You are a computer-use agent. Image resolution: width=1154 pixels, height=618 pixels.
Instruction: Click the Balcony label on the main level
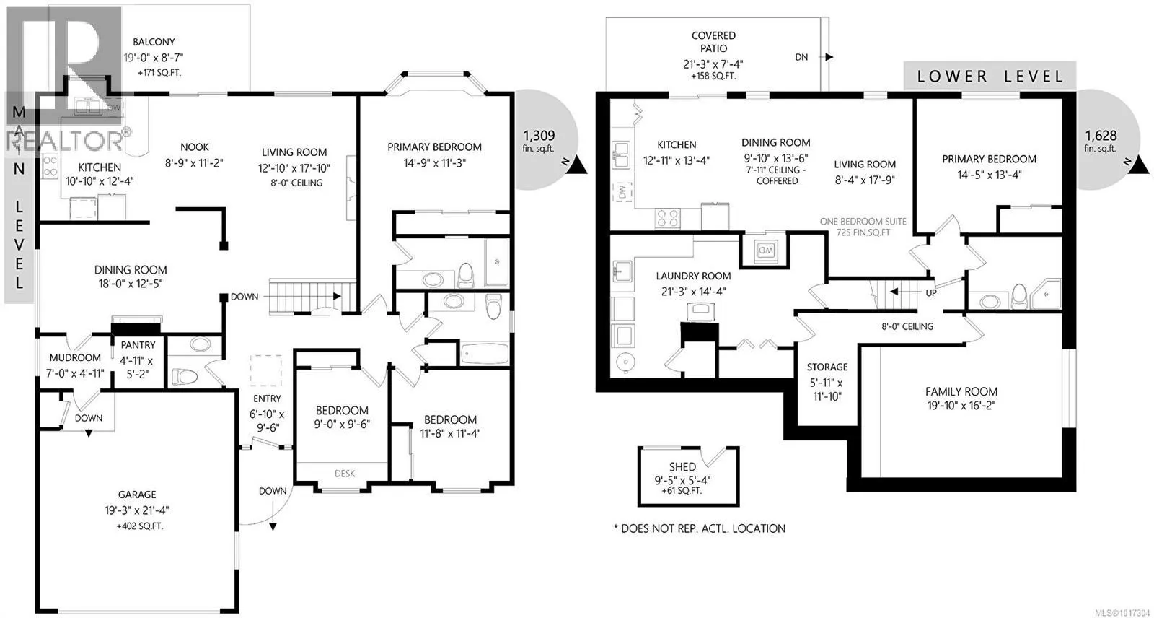click(x=154, y=42)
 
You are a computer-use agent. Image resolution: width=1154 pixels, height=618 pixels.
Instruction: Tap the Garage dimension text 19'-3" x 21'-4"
click(x=136, y=510)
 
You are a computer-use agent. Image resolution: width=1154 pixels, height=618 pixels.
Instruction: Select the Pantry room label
click(x=138, y=344)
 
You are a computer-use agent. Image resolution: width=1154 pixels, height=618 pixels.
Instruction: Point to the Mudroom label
click(x=75, y=357)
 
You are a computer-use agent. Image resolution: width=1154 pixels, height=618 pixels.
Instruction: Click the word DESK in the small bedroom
click(x=345, y=473)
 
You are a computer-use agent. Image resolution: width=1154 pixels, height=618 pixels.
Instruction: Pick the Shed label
click(x=682, y=467)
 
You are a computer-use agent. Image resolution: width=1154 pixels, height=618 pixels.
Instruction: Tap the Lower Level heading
click(x=990, y=77)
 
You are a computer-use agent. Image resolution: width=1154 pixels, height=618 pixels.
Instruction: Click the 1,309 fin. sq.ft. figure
click(x=539, y=140)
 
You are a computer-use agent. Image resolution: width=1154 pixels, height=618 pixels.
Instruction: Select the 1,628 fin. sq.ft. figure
click(x=1101, y=140)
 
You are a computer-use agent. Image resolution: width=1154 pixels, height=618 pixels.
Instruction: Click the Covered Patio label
click(x=713, y=42)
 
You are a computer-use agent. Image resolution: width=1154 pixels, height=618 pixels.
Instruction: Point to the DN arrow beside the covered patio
click(x=829, y=57)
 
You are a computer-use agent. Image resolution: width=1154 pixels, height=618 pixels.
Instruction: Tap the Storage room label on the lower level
click(x=827, y=367)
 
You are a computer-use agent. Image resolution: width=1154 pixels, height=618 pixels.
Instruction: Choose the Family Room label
click(x=961, y=391)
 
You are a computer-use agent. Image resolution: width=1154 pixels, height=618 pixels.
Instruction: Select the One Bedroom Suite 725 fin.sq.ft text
click(x=863, y=227)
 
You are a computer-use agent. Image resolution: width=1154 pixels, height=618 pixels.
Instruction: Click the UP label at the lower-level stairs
click(x=931, y=292)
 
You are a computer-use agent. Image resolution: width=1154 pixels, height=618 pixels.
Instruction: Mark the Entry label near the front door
click(x=267, y=399)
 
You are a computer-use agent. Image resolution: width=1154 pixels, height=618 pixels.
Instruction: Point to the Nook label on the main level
click(x=195, y=147)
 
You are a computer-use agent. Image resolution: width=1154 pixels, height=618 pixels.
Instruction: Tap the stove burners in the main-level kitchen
click(x=50, y=166)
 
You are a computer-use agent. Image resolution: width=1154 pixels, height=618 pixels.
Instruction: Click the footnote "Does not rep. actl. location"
click(x=699, y=528)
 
